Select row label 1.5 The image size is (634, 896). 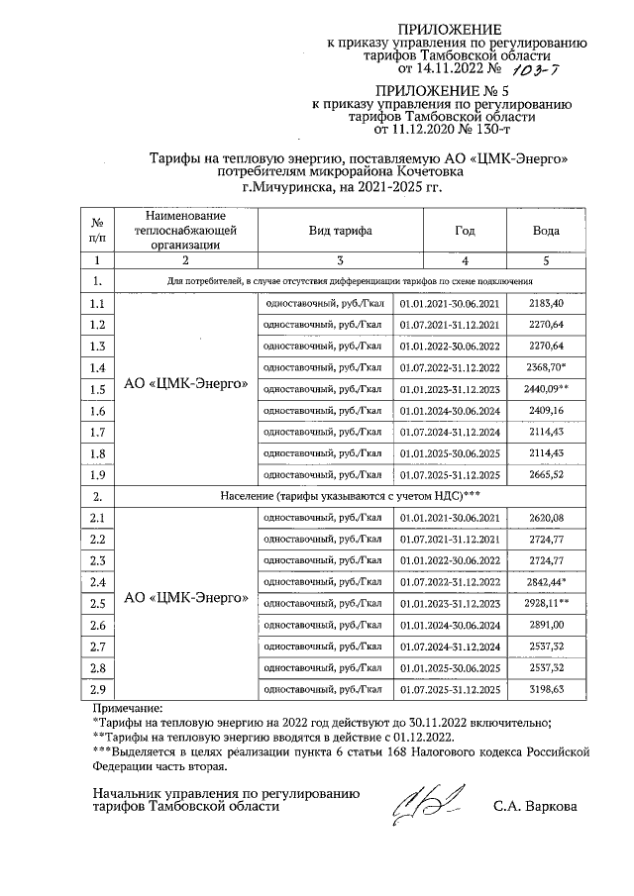pos(97,389)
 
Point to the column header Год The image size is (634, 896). pos(465,230)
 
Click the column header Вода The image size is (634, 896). pos(546,230)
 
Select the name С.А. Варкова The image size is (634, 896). pos(536,806)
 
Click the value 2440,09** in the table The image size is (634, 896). pos(546,389)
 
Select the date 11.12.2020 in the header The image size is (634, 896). pos(412,129)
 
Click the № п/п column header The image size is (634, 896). pos(97,230)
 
